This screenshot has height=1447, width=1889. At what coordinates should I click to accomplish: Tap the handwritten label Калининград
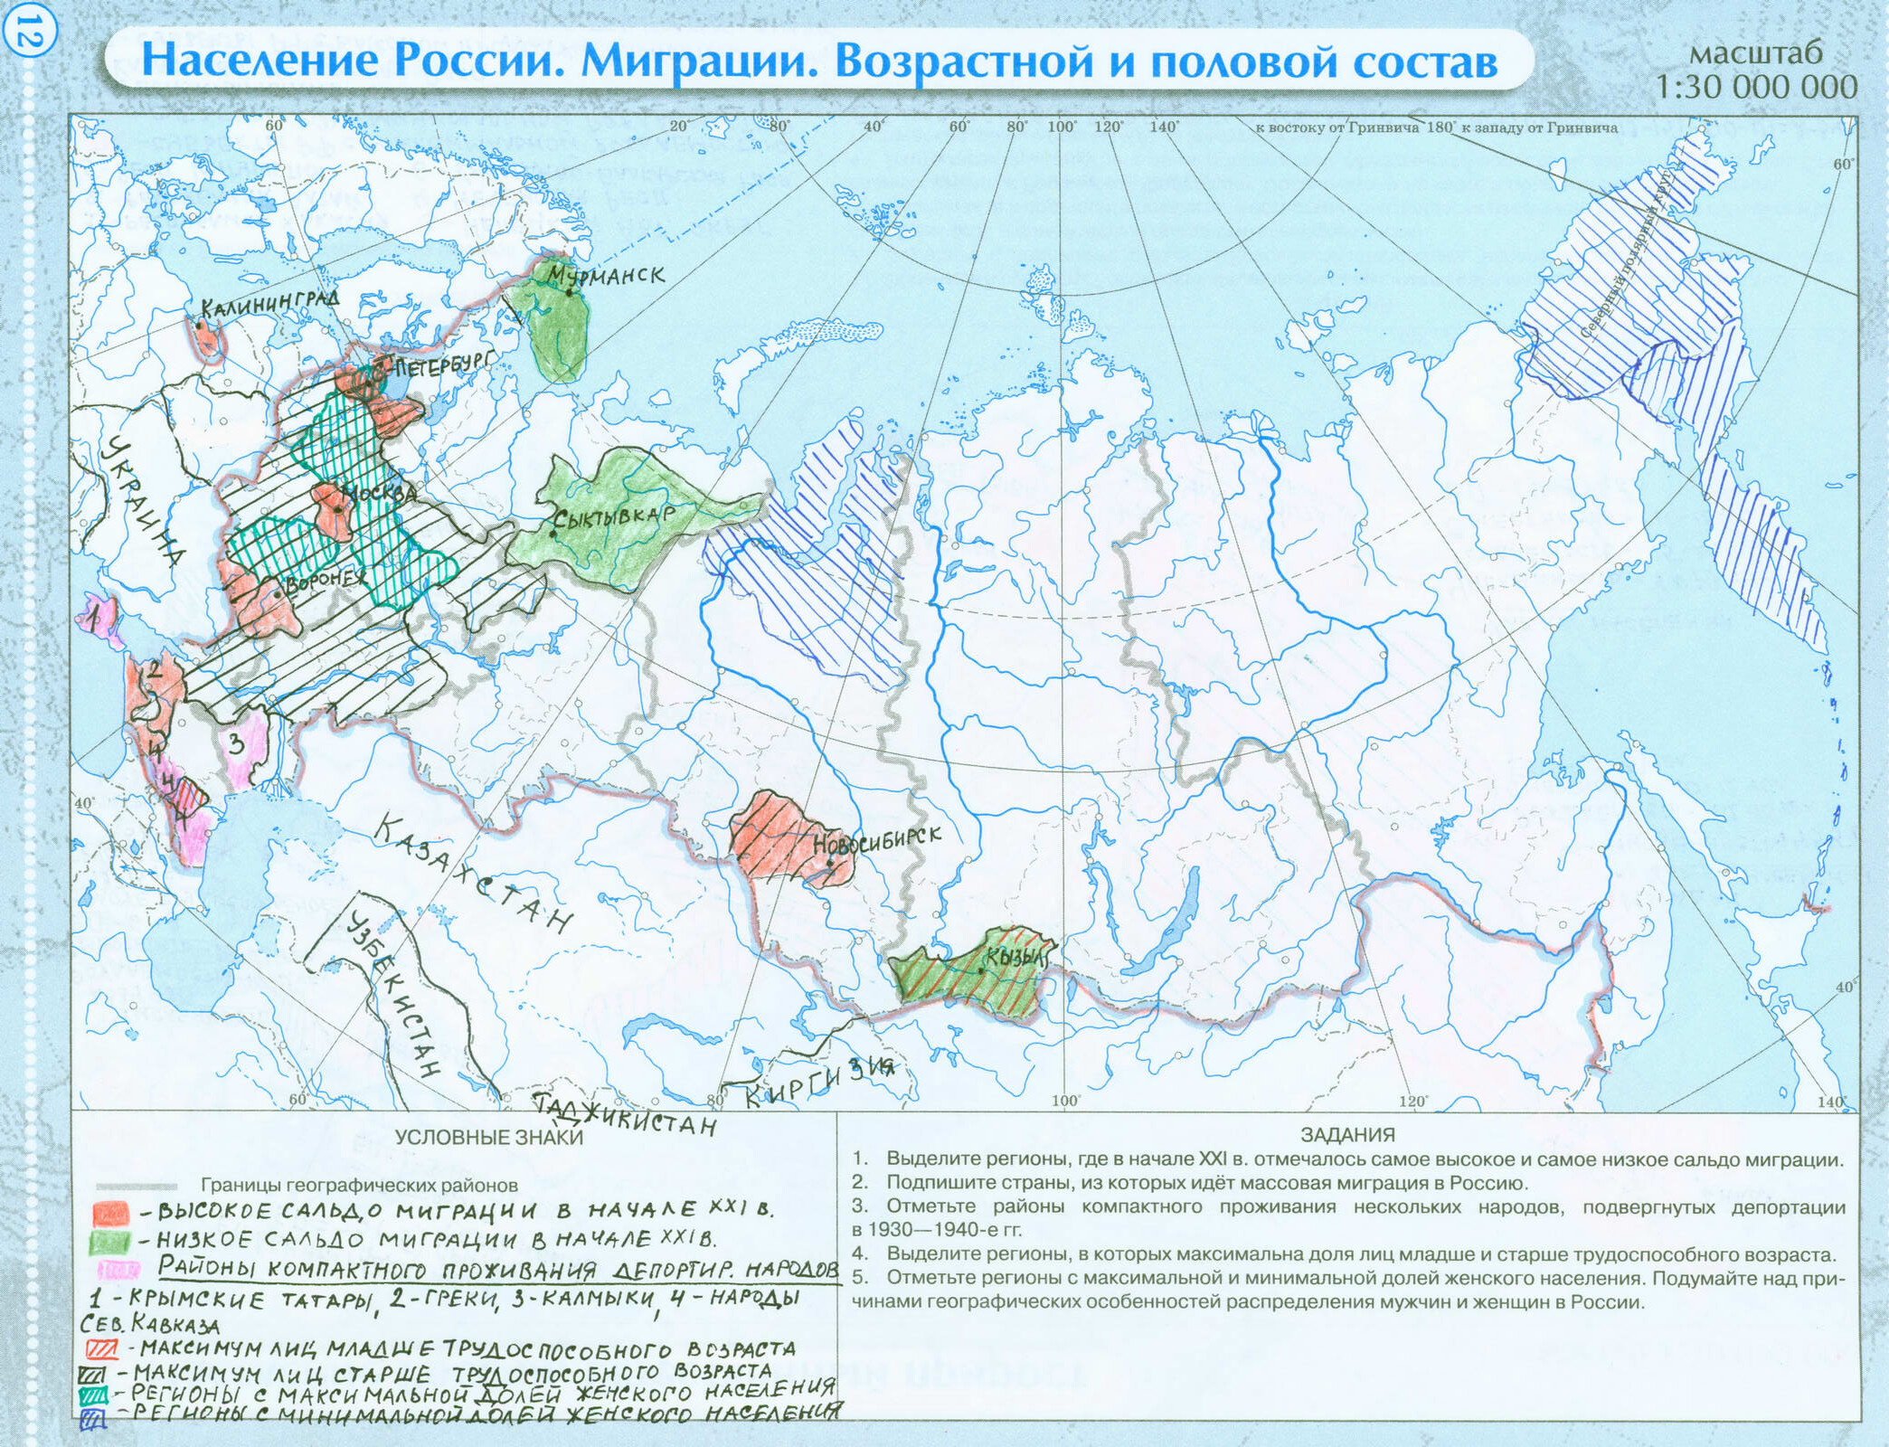269,304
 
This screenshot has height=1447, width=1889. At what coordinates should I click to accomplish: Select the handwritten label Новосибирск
877,840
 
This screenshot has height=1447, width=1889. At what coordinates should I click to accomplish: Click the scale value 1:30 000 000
1756,87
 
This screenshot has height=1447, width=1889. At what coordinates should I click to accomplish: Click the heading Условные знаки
488,1138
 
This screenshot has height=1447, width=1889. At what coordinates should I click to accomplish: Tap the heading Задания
1347,1135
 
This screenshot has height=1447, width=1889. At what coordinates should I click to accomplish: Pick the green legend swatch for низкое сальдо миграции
110,1242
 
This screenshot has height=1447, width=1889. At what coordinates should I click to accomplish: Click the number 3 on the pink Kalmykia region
235,743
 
